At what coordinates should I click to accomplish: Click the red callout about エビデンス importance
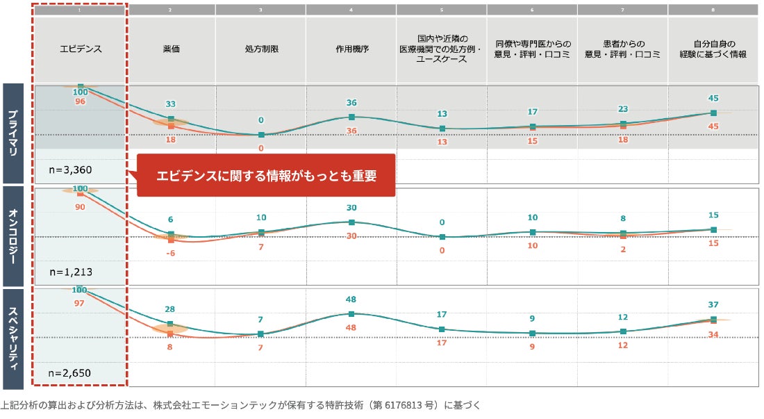(266, 175)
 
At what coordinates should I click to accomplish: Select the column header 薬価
(171, 49)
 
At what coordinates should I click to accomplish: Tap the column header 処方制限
(260, 49)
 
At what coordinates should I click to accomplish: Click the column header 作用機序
(351, 49)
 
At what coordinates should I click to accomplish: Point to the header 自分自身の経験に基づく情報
(713, 49)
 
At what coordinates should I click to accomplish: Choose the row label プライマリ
(15, 132)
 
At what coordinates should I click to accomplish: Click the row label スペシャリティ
(15, 338)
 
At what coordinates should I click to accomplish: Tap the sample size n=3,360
(70, 170)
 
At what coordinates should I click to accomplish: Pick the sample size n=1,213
(70, 272)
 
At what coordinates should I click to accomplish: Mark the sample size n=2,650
(70, 373)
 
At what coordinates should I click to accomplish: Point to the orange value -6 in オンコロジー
(170, 253)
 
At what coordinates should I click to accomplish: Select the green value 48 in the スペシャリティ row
(351, 299)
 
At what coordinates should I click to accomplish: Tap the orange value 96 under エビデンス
(79, 101)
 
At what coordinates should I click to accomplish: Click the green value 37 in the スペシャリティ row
(713, 305)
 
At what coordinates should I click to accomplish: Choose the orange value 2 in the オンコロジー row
(623, 248)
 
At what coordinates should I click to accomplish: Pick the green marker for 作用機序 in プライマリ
(351, 117)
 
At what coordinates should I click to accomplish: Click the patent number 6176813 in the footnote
(397, 404)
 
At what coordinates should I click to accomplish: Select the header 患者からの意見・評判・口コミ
(622, 49)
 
